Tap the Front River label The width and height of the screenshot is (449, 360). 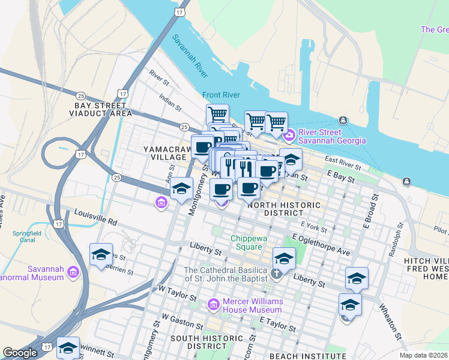[x=221, y=95]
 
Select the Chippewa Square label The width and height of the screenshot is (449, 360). [x=247, y=242]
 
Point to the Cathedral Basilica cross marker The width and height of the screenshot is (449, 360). [x=276, y=274]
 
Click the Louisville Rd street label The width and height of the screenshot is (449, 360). [x=97, y=217]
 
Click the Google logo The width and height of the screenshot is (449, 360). [x=20, y=353]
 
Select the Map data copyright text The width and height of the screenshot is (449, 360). [x=423, y=355]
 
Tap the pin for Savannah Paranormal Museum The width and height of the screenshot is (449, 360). [x=73, y=272]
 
